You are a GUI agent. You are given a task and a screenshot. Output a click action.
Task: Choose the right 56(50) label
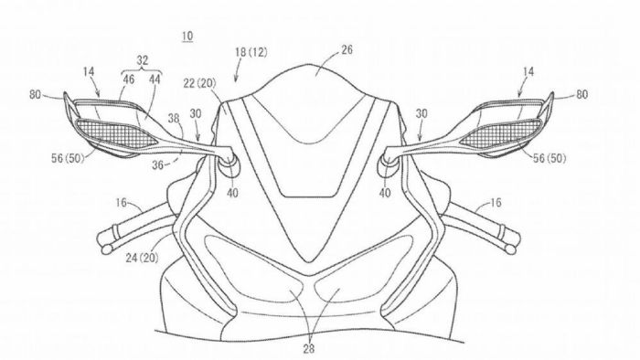click(546, 157)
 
